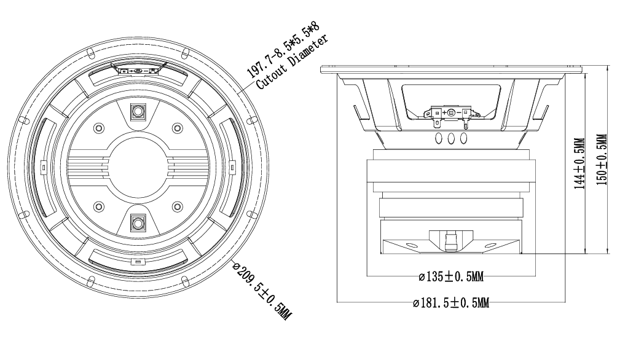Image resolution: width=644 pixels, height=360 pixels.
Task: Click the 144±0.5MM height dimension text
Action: coord(579,163)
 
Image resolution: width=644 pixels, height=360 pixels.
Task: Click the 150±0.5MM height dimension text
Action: coord(601,160)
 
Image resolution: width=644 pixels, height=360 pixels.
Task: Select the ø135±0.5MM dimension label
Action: coord(451,277)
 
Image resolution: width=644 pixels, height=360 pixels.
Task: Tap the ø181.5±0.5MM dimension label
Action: coord(451,303)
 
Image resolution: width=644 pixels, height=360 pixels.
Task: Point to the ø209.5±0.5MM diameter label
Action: coord(262,290)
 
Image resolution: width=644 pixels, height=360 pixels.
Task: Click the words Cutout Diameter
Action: coord(292,61)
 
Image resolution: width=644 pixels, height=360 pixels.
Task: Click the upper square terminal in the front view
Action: coord(138,112)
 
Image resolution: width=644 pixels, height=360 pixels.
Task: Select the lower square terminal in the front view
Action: coord(138,223)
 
